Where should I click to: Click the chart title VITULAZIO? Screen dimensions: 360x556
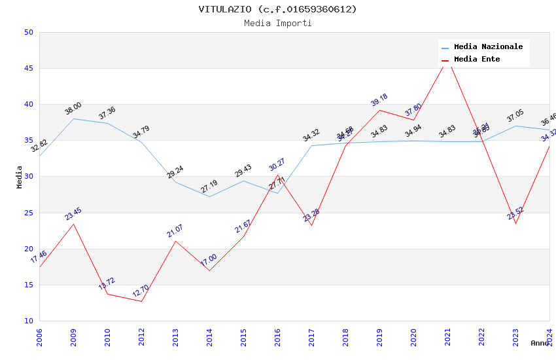coord(278,9)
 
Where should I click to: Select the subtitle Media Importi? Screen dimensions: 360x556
coord(278,23)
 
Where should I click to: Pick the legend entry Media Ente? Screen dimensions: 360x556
coord(477,60)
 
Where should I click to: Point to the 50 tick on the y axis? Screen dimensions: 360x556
coord(28,32)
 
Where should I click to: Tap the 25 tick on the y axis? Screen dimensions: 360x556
coord(28,213)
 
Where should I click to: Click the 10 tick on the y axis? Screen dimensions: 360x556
coord(28,321)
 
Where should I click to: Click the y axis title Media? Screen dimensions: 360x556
coord(20,177)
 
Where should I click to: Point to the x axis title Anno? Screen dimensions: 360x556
coord(540,343)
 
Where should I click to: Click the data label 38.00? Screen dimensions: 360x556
coord(73,107)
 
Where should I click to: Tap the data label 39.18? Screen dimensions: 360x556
coord(379,99)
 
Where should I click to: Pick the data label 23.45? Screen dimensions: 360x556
coord(73,213)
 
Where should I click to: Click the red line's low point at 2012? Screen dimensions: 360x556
coord(141,301)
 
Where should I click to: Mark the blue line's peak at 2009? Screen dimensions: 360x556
coord(73,118)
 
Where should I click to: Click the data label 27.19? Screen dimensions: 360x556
coord(209,185)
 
